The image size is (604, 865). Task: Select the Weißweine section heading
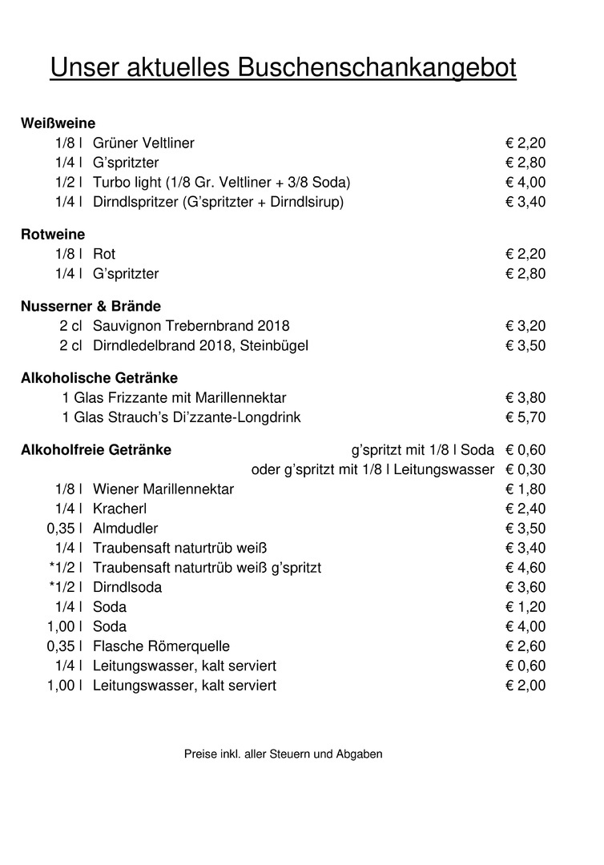pyautogui.click(x=58, y=123)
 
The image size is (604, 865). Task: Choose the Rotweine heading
pyautogui.click(x=53, y=234)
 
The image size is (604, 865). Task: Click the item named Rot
pyautogui.click(x=104, y=254)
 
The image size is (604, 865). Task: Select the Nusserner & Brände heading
pyautogui.click(x=91, y=306)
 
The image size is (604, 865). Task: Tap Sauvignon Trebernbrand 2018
pyautogui.click(x=191, y=326)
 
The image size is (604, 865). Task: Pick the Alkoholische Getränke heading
pyautogui.click(x=99, y=377)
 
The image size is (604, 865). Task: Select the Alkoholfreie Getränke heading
pyautogui.click(x=96, y=449)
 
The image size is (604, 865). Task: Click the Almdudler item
pyautogui.click(x=125, y=529)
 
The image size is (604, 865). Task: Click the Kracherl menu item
pyautogui.click(x=119, y=509)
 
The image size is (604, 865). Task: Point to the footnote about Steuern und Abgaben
pyautogui.click(x=283, y=754)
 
